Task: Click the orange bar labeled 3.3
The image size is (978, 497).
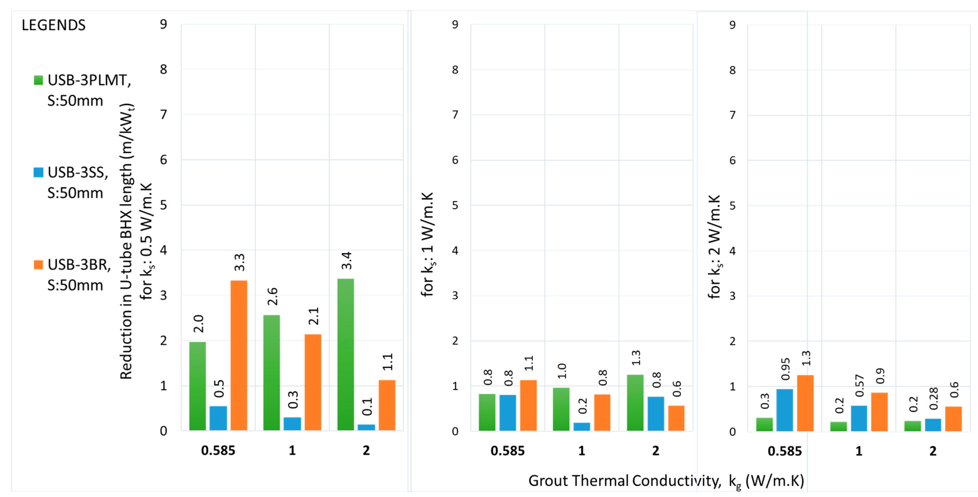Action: point(239,355)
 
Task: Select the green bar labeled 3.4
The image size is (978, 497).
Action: point(345,355)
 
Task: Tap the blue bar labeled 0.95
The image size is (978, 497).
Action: point(785,410)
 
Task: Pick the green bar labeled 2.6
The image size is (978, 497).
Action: point(271,372)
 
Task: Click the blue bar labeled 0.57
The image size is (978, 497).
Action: point(859,418)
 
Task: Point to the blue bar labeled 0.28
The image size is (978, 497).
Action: point(933,425)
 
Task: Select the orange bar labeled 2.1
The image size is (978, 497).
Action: point(313,382)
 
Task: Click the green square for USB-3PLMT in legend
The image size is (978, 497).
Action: point(38,80)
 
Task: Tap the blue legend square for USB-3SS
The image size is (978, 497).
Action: point(38,172)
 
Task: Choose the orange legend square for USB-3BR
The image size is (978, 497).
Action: point(38,264)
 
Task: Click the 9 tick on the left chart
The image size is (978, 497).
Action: point(163,24)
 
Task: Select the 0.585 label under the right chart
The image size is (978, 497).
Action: point(784,451)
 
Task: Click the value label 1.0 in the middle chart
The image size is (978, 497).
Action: point(562,371)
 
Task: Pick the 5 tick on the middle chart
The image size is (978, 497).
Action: point(455,205)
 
